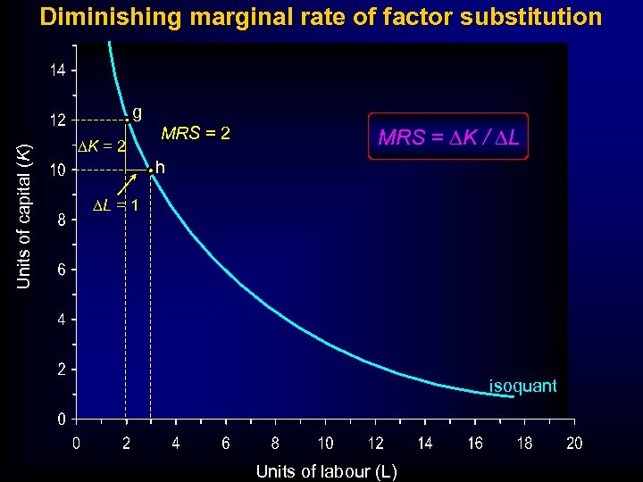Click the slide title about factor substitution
point(321,17)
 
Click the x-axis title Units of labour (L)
point(326,470)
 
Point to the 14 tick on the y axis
point(56,70)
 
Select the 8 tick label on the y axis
point(60,220)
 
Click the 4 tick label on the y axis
point(60,319)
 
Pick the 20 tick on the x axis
point(574,443)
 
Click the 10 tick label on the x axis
point(326,443)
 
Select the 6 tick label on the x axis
point(226,443)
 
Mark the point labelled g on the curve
point(127,120)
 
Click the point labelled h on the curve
point(151,170)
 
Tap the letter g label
point(138,112)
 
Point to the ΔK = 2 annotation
point(100,145)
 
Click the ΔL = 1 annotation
point(115,206)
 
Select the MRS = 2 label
point(196,134)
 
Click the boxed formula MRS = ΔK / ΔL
point(449,137)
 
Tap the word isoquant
point(522,386)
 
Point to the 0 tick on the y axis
point(60,418)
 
